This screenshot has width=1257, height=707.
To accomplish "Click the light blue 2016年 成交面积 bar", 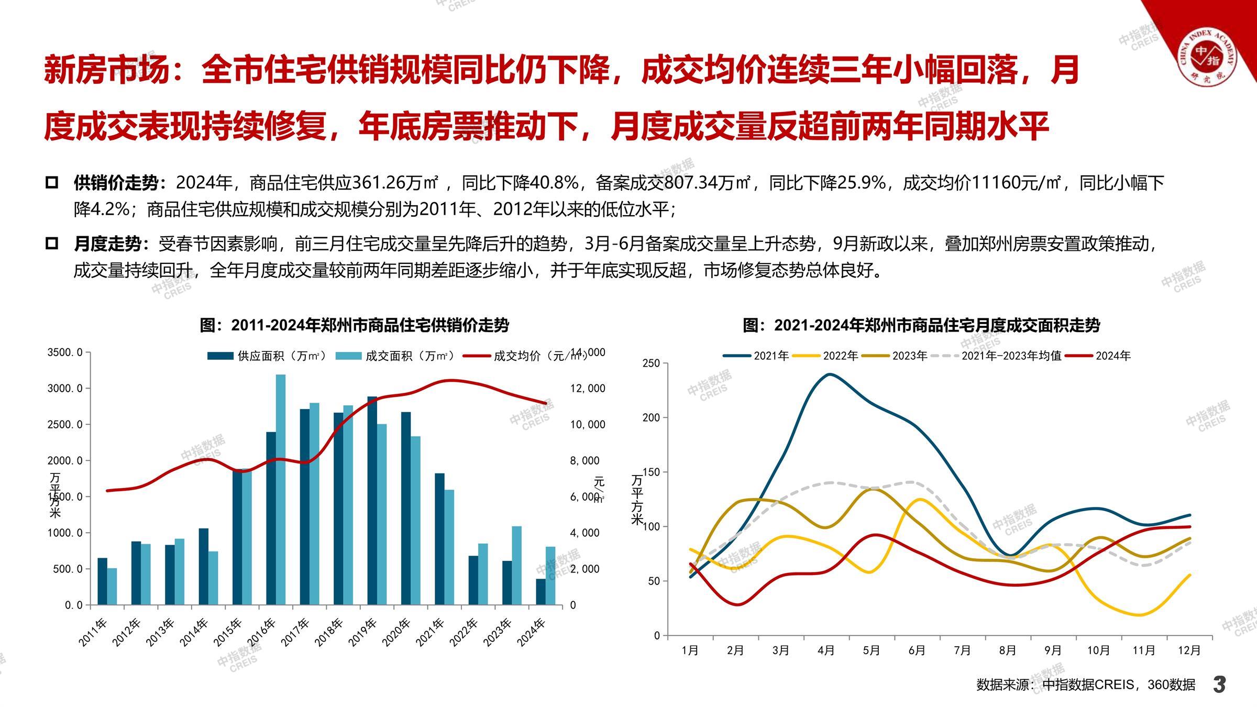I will pyautogui.click(x=281, y=490).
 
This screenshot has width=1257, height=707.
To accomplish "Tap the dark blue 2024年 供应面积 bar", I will pyautogui.click(x=541, y=592).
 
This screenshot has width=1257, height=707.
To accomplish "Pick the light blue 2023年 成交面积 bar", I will pyautogui.click(x=516, y=566).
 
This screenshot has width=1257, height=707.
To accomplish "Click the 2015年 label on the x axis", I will pyautogui.click(x=228, y=632).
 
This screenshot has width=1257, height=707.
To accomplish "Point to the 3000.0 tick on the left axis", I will pyautogui.click(x=65, y=389).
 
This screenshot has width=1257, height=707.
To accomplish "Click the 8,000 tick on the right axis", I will pyautogui.click(x=585, y=461).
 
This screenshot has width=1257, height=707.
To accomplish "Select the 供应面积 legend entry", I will pyautogui.click(x=267, y=356).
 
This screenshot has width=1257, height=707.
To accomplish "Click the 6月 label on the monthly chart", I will pyautogui.click(x=917, y=650).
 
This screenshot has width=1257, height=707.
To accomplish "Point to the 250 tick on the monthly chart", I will pyautogui.click(x=651, y=363).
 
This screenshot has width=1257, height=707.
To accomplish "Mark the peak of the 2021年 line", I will pyautogui.click(x=829, y=374).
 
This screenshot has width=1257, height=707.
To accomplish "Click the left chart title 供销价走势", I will pyautogui.click(x=355, y=325).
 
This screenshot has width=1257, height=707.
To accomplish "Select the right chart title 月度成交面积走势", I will pyautogui.click(x=921, y=325).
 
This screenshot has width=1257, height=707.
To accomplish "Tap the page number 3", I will pyautogui.click(x=1220, y=684).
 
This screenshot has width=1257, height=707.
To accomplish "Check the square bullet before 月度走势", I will pyautogui.click(x=52, y=244).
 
